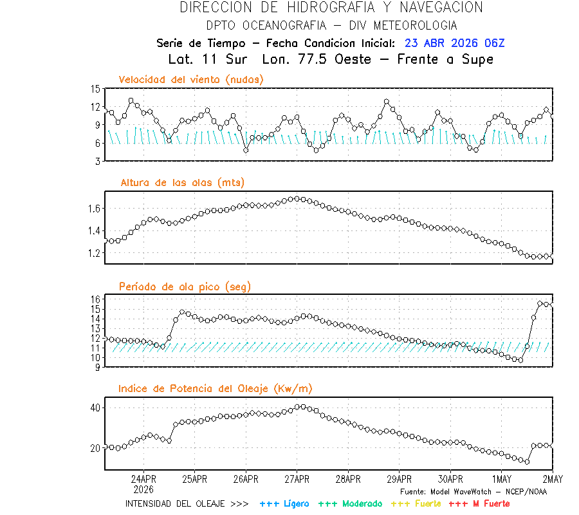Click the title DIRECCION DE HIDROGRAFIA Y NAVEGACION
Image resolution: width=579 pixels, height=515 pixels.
[331, 8]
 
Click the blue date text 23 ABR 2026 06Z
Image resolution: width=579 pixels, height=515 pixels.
[455, 43]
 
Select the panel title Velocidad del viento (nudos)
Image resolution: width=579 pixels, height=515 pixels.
[191, 79]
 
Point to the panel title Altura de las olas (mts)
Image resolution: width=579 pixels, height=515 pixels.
[182, 183]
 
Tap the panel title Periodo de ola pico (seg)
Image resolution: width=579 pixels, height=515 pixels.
[185, 286]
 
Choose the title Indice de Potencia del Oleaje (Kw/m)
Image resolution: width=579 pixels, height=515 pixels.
[216, 388]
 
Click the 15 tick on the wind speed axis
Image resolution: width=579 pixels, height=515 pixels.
[95, 89]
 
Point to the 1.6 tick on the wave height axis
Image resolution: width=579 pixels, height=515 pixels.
[93, 209]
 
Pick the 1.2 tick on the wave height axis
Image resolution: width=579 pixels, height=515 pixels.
[93, 253]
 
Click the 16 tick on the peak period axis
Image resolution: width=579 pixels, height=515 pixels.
[95, 299]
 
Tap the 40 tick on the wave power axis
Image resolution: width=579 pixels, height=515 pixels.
[95, 408]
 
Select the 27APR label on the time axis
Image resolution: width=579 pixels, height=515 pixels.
[297, 480]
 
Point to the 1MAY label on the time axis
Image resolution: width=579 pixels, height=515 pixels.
[501, 480]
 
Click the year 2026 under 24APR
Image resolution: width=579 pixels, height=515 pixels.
[143, 489]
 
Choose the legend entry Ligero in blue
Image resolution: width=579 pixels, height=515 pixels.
[284, 503]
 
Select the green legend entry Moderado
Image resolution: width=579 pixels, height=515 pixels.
[350, 503]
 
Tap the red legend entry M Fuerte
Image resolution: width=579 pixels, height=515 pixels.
[479, 503]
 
